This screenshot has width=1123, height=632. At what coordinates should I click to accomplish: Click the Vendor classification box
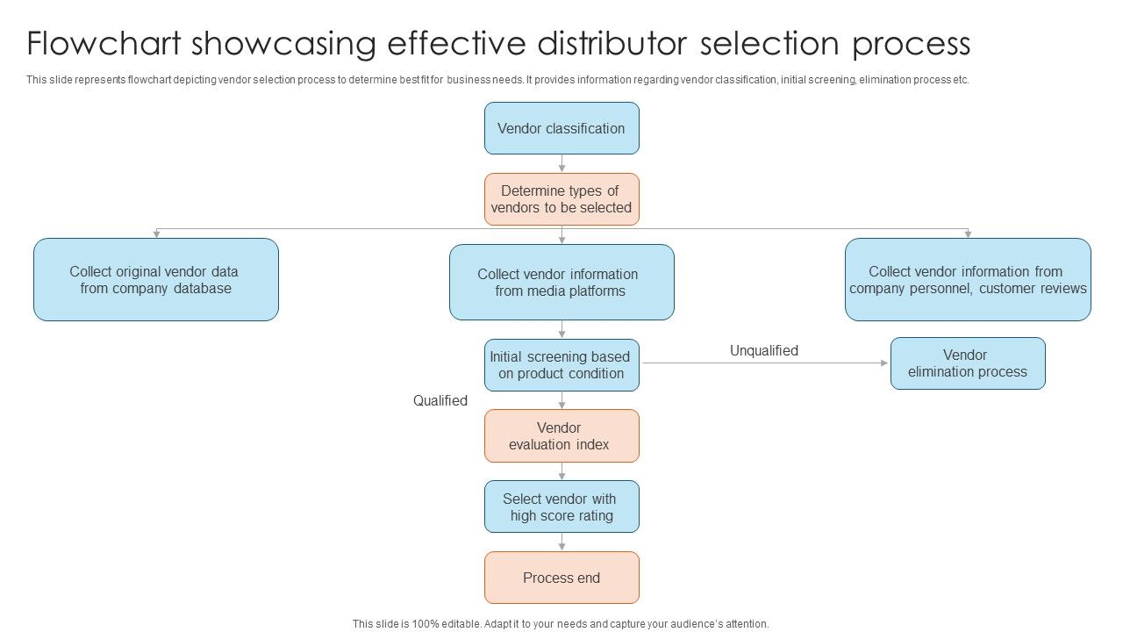561,128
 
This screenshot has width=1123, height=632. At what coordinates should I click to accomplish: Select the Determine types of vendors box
561,199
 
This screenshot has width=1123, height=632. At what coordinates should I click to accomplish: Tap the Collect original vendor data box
156,280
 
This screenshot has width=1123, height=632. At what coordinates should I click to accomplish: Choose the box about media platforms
561,283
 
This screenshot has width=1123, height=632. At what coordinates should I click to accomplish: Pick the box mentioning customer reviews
968,280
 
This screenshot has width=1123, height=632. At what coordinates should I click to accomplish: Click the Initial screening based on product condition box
561,365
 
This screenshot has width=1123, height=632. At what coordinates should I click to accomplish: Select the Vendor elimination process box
968,363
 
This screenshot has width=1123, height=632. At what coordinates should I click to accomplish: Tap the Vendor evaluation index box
561,436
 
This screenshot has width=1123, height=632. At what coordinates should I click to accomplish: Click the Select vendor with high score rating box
561,507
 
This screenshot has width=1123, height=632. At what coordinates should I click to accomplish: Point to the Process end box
561,578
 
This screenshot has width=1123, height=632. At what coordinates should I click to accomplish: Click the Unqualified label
764,351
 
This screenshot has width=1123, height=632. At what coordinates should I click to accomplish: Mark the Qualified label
440,401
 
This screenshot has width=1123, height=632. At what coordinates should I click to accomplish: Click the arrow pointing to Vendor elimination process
763,363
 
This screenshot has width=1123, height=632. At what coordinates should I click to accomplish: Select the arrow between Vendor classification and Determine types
561,164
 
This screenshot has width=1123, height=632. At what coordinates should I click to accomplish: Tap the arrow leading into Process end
561,542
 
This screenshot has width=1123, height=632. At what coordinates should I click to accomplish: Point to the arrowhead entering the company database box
156,234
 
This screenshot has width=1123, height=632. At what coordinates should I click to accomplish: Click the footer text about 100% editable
561,624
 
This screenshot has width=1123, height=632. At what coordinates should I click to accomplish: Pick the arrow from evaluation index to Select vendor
561,471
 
